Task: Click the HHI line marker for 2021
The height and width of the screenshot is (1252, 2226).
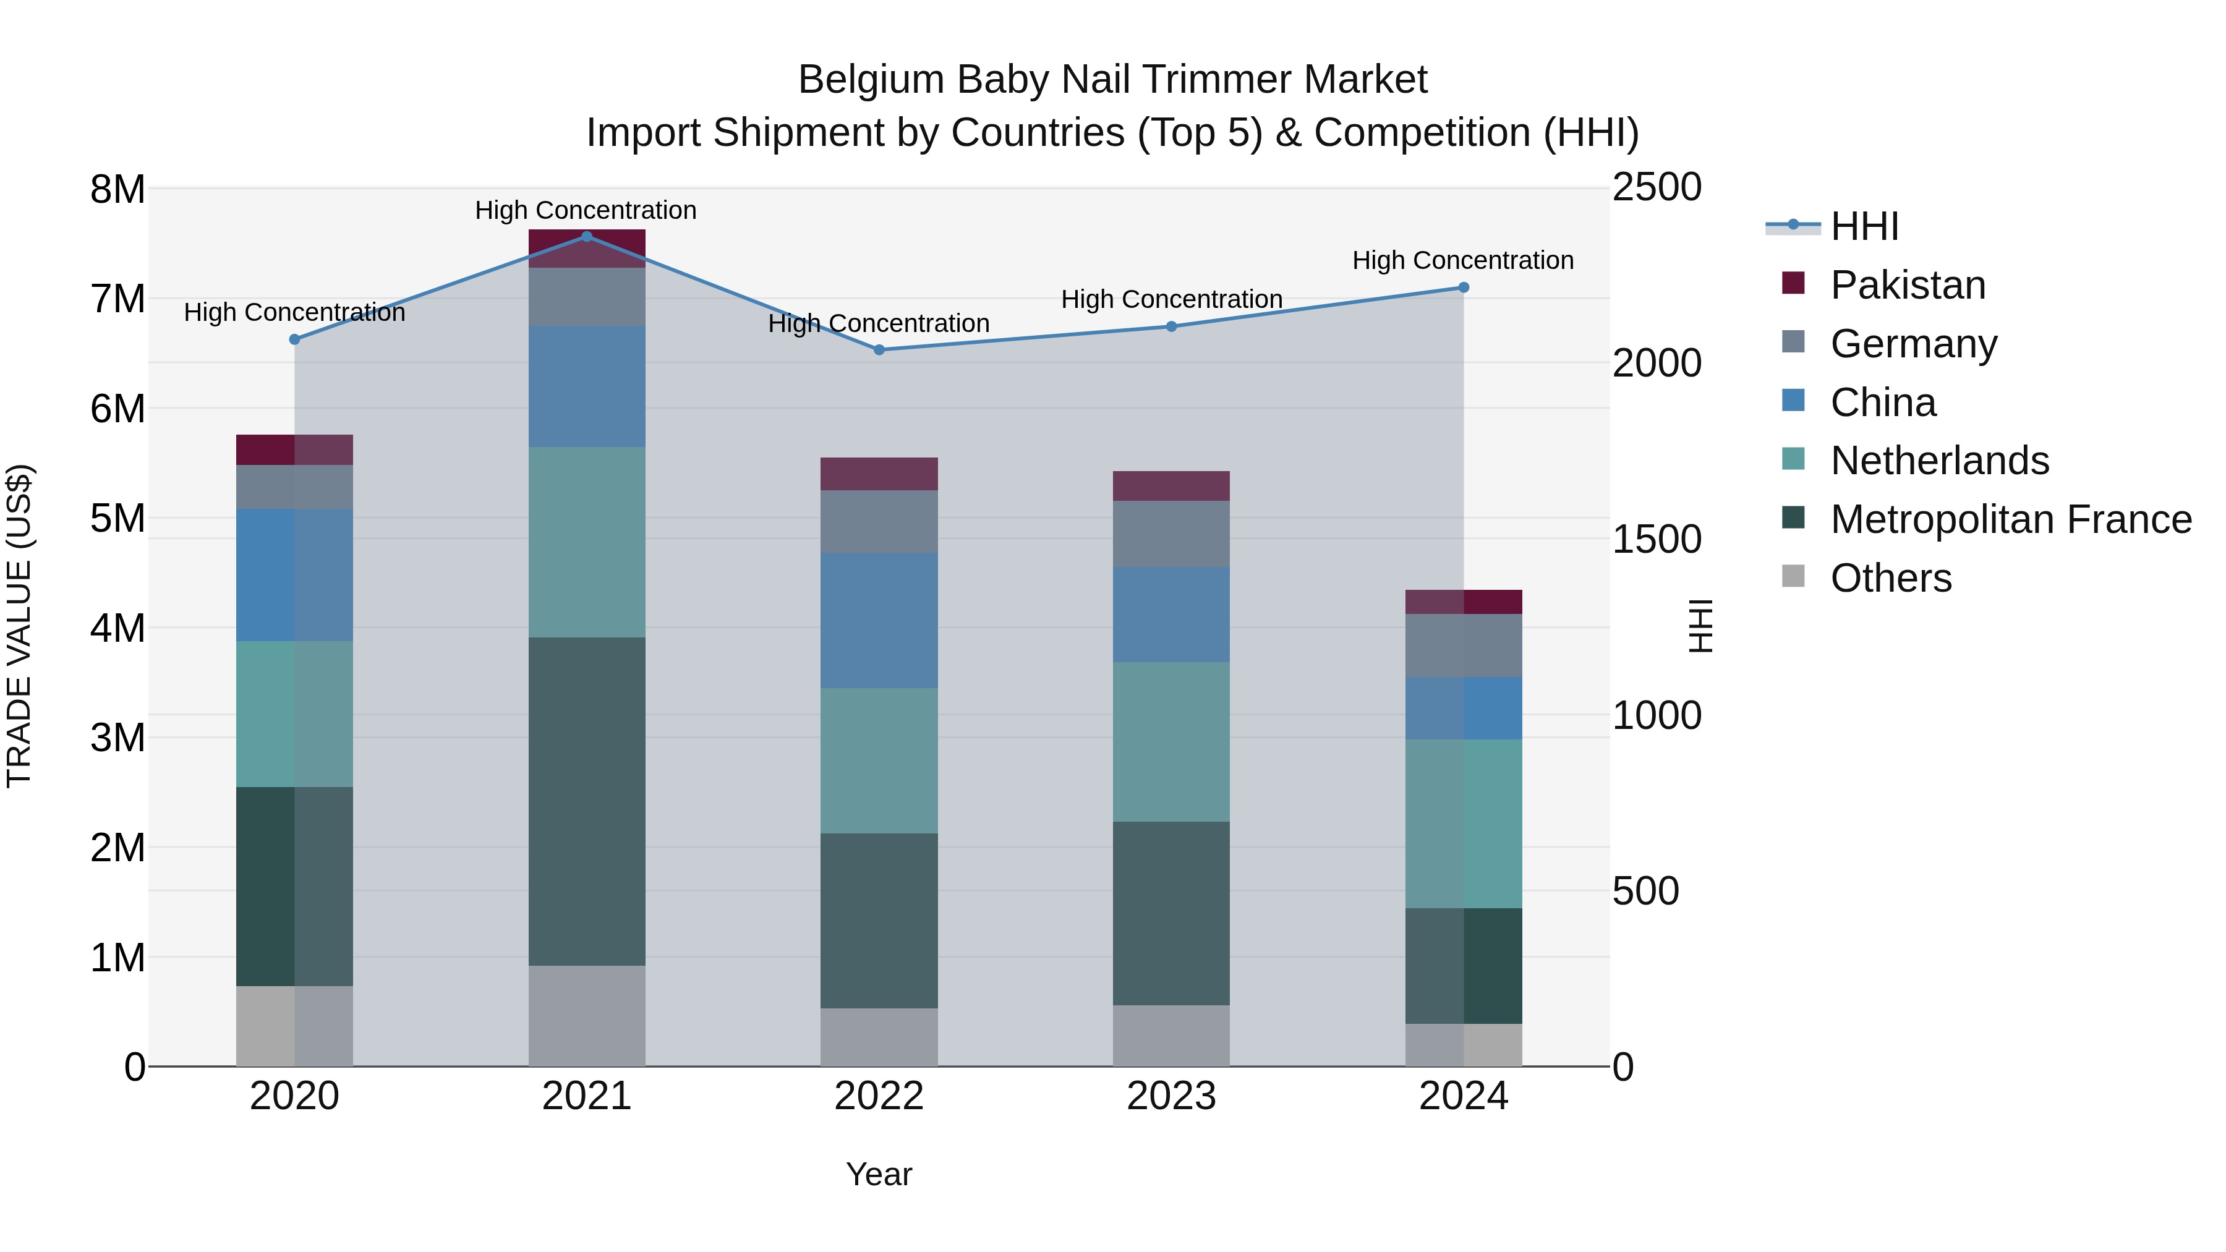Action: [587, 237]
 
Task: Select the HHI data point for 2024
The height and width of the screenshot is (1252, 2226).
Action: [1463, 287]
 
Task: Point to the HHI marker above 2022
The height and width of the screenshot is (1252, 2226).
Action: [879, 350]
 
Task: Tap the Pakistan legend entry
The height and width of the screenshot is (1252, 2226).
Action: [1907, 285]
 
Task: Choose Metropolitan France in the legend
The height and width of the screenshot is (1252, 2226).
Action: [2010, 519]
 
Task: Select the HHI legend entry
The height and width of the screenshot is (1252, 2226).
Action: [1864, 226]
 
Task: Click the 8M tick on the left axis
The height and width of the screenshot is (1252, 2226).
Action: [117, 189]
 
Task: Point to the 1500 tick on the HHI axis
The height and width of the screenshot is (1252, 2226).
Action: [1657, 539]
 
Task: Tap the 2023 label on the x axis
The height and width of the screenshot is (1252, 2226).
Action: [1171, 1096]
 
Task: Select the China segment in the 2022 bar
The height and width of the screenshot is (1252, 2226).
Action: [879, 620]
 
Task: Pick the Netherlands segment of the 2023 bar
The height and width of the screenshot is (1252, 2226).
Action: [1171, 741]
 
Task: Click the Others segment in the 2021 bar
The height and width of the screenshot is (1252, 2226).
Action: [587, 1015]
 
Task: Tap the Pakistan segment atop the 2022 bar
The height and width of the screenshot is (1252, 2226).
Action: [879, 474]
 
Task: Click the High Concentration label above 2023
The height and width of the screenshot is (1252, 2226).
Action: [1171, 300]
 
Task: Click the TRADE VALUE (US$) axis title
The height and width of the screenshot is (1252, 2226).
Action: [20, 626]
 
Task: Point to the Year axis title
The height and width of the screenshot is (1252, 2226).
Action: [879, 1174]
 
